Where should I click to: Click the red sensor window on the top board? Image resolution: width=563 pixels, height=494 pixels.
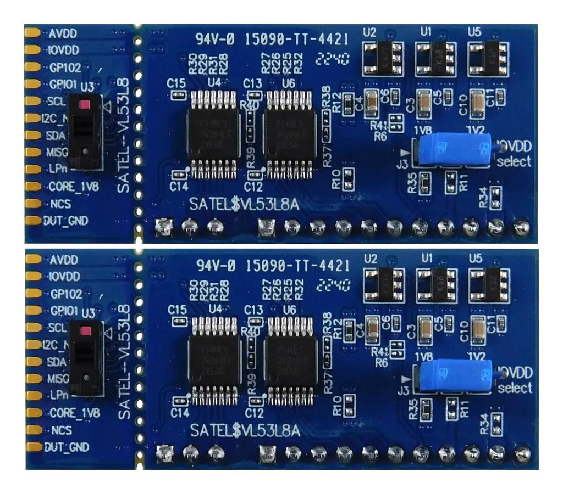click(85, 104)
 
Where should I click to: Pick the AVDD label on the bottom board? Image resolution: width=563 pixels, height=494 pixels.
click(63, 259)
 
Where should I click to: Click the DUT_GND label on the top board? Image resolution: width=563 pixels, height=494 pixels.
click(66, 221)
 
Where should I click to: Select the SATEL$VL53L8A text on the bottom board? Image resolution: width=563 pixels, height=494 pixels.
click(245, 431)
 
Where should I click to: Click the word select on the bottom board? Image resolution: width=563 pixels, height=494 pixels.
click(514, 388)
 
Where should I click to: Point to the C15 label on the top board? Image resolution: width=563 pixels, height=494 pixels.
click(176, 83)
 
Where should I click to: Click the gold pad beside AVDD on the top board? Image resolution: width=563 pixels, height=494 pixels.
click(32, 33)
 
